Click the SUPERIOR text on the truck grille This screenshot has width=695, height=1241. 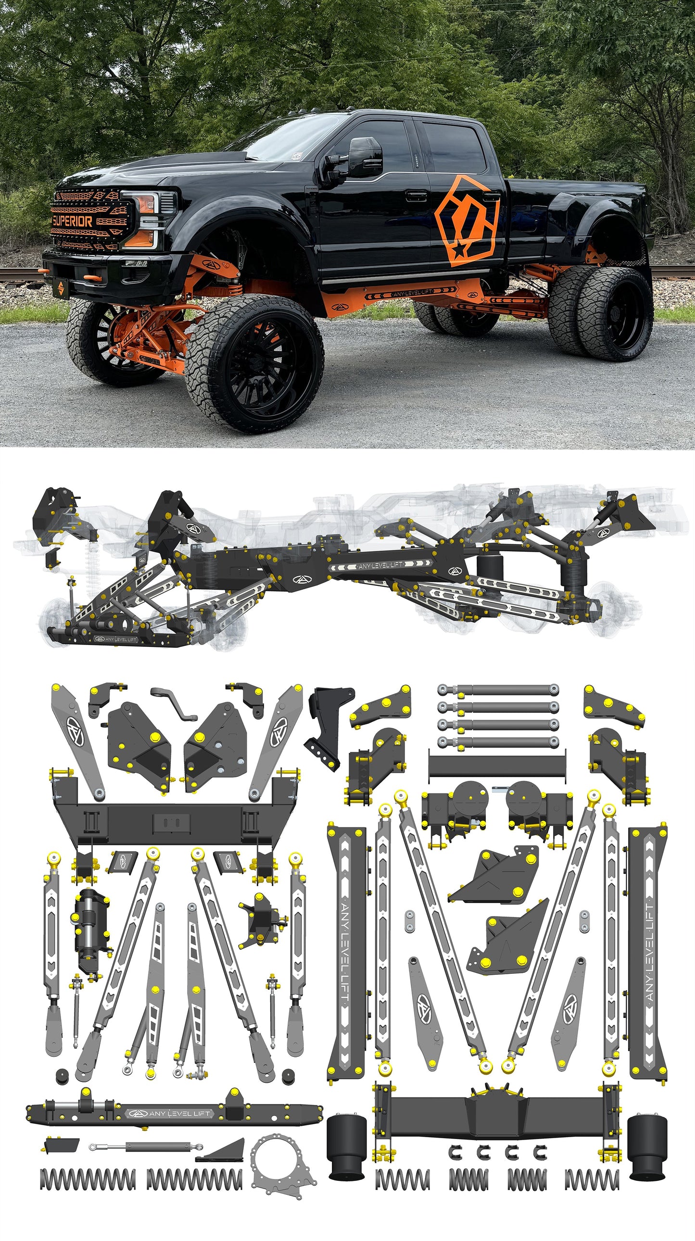(72, 221)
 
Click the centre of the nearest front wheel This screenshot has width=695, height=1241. (253, 366)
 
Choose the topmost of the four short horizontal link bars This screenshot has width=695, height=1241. (498, 689)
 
